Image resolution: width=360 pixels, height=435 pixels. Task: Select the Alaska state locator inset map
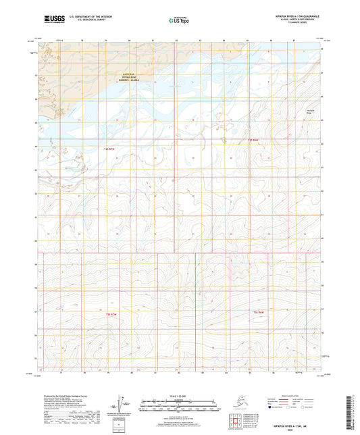[238, 403]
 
